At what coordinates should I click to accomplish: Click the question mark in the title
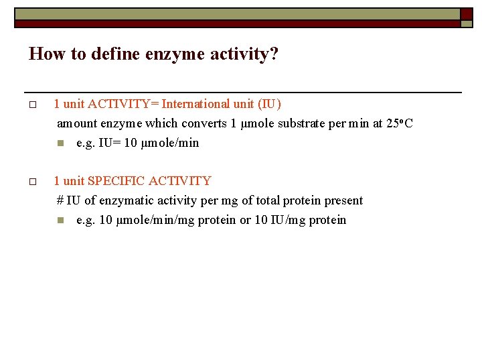(273, 54)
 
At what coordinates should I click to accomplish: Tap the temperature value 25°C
(400, 123)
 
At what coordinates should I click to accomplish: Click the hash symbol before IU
(60, 200)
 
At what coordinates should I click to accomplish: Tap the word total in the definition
(263, 200)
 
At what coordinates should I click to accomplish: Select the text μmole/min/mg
(147, 220)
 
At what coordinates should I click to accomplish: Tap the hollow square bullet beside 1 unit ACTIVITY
(31, 105)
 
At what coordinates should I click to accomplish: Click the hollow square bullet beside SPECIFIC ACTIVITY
(31, 182)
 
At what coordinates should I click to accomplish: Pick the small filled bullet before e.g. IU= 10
(60, 143)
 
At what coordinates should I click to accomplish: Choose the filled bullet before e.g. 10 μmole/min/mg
(60, 221)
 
